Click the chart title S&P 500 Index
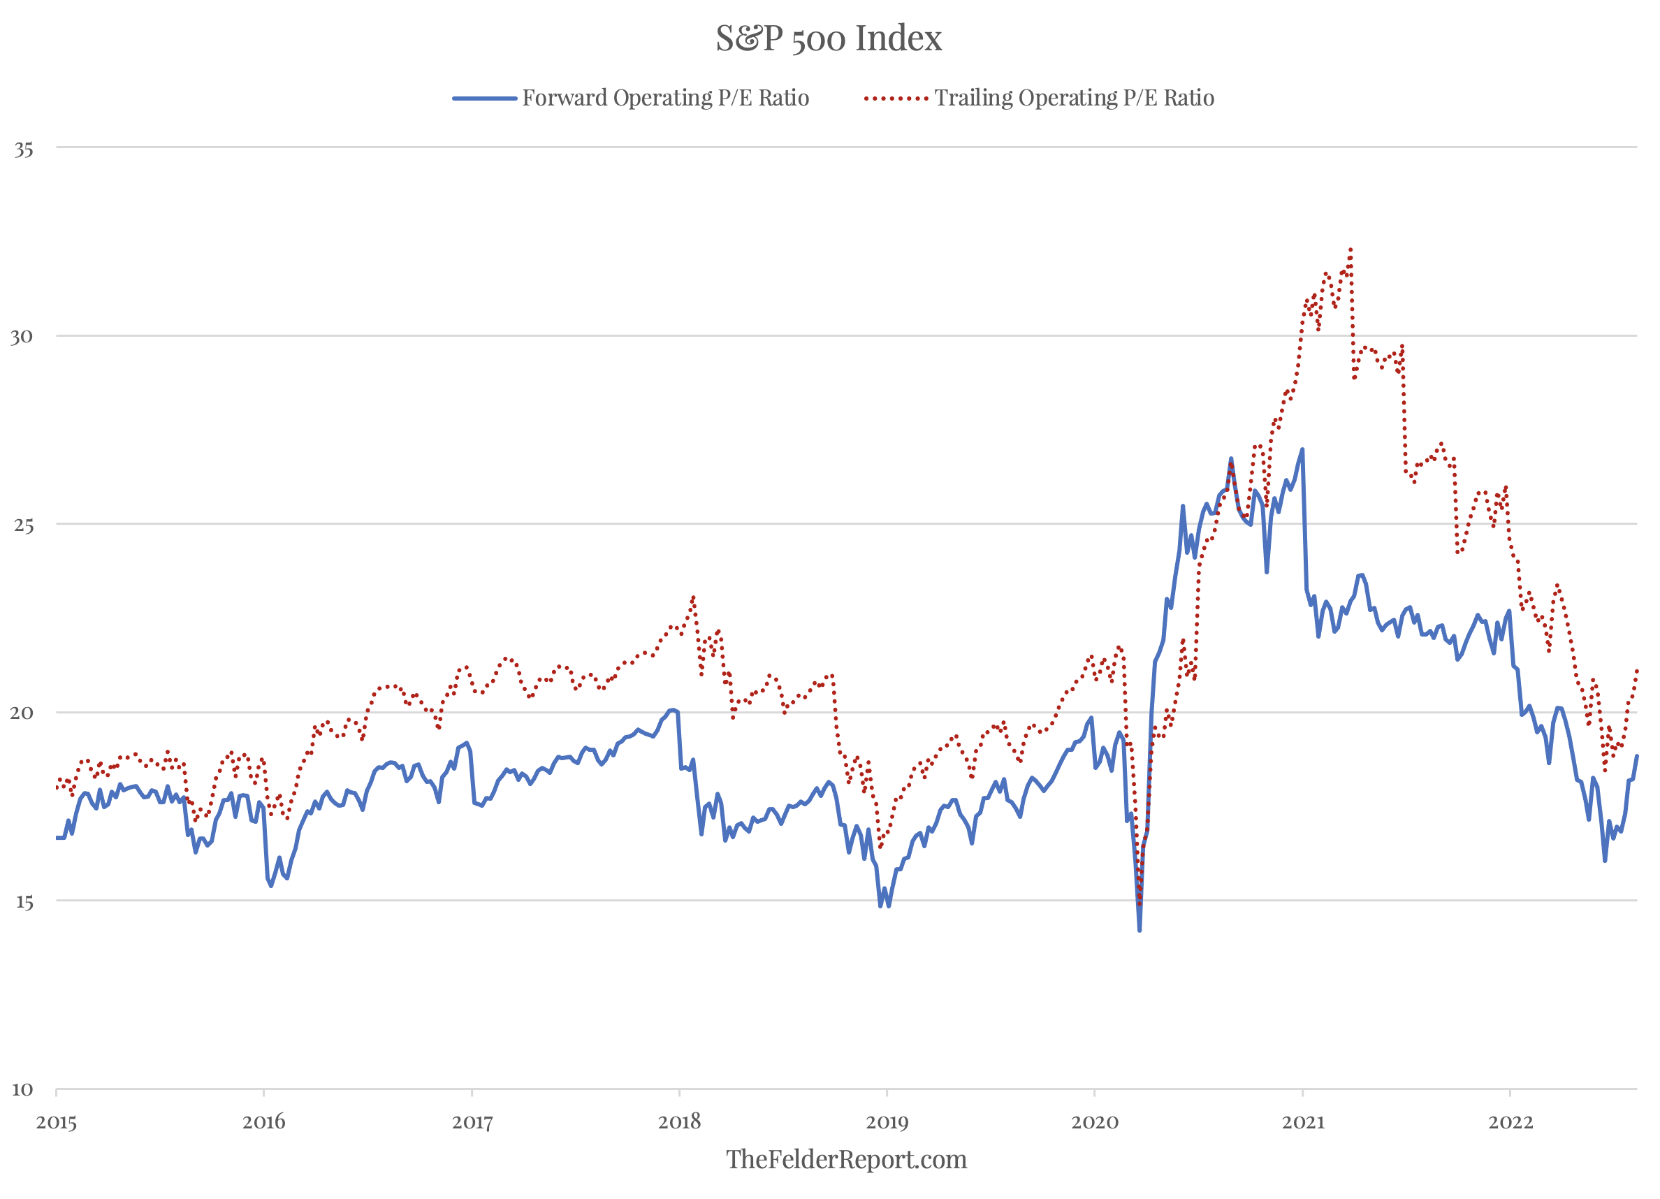pos(829,38)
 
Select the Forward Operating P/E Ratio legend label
pos(665,98)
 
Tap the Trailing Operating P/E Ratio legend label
pos(1074,98)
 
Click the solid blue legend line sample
pos(485,98)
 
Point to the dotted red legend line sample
pos(895,98)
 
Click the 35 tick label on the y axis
pos(24,150)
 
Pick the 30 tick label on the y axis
pos(22,337)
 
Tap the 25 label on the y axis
pos(24,525)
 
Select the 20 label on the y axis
pos(22,713)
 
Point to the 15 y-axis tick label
pos(24,902)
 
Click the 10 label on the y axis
pos(22,1089)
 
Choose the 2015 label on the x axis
pos(57,1122)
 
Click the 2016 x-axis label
pos(263,1122)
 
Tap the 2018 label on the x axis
pos(679,1122)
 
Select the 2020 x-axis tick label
pos(1095,1122)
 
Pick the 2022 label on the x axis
pos(1510,1122)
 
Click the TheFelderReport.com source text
pos(846,1159)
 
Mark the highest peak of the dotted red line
pos(1350,249)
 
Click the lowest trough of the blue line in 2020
pos(1140,931)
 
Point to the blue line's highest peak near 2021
pos(1302,449)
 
